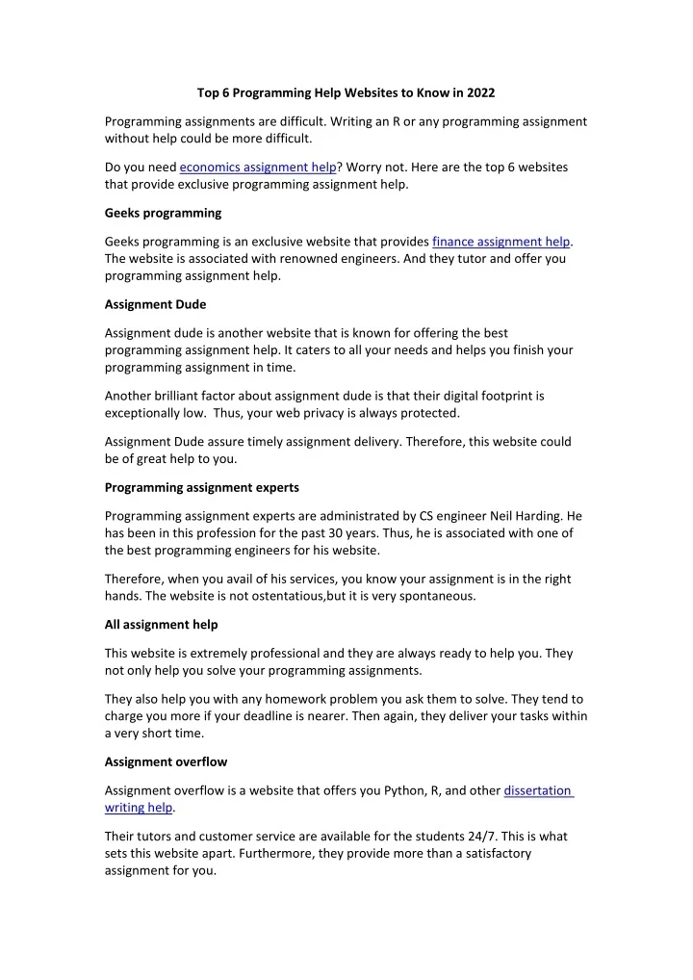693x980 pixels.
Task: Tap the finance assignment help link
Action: pyautogui.click(x=501, y=242)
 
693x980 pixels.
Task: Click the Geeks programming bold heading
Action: pyautogui.click(x=163, y=213)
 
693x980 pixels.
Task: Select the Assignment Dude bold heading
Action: pyautogui.click(x=155, y=305)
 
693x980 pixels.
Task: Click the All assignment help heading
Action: pyautogui.click(x=161, y=625)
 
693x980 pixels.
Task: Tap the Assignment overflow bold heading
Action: pyautogui.click(x=166, y=761)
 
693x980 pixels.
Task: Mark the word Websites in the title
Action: pyautogui.click(x=375, y=93)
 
